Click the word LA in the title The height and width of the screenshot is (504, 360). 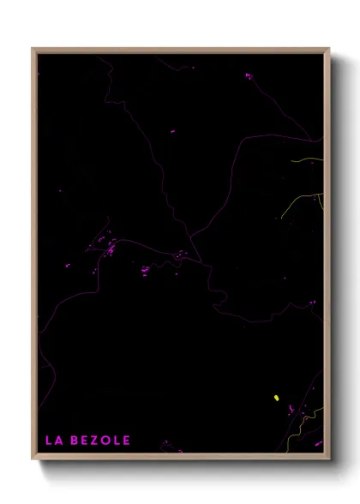click(x=52, y=441)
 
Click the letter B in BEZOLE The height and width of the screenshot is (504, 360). click(x=72, y=441)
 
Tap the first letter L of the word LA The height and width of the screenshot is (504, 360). click(x=48, y=441)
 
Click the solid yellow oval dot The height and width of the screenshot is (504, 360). click(x=276, y=398)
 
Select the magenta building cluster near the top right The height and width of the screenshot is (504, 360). click(x=249, y=76)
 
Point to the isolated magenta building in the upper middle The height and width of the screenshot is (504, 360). click(x=171, y=131)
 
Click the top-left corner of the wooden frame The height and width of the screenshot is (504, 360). click(x=33, y=49)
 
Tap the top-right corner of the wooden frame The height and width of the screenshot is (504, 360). click(x=329, y=49)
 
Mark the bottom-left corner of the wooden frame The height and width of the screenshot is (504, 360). click(x=33, y=459)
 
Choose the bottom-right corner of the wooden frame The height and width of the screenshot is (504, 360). click(x=329, y=459)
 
